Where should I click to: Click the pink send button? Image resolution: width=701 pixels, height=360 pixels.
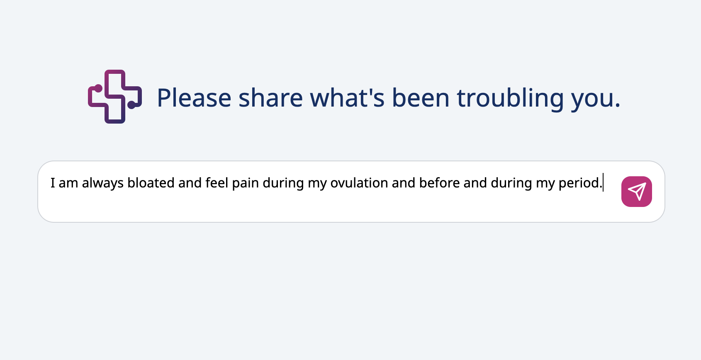(x=636, y=192)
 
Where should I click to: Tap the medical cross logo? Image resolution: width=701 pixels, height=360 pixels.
(x=115, y=97)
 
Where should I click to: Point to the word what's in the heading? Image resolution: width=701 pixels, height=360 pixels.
(x=347, y=98)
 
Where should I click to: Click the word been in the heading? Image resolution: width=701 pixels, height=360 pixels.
(x=421, y=98)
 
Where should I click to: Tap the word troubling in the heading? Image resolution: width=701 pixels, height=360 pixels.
(x=510, y=98)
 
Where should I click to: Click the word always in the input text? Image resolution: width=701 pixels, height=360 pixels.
(x=102, y=183)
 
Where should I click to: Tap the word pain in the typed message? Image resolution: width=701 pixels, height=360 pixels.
(x=245, y=183)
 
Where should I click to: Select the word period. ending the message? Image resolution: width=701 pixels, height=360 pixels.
(x=580, y=183)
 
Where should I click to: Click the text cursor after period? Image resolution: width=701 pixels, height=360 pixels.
(x=603, y=183)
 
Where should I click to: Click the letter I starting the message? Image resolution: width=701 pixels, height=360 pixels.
(x=53, y=183)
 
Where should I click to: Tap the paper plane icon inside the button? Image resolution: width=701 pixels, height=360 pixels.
(x=637, y=191)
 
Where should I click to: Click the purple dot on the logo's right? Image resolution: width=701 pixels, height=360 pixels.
(x=131, y=105)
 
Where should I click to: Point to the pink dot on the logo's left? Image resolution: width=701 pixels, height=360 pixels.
(x=98, y=88)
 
